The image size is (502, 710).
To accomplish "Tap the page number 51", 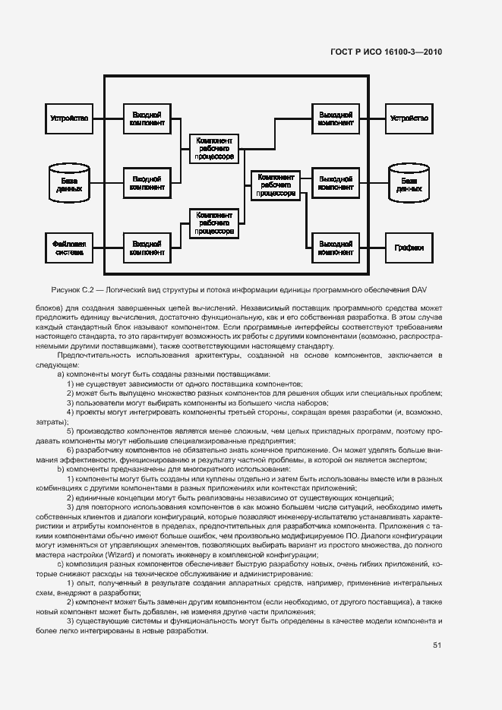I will pyautogui.click(x=437, y=645).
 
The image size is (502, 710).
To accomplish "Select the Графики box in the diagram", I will pyautogui.click(x=409, y=248).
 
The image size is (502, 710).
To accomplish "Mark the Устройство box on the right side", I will pyautogui.click(x=409, y=118).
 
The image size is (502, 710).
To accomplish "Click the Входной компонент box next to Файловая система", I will pyautogui.click(x=147, y=248).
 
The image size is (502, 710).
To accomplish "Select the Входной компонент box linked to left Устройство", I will pyautogui.click(x=147, y=118).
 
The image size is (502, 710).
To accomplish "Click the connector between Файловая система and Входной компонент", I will pyautogui.click(x=107, y=248).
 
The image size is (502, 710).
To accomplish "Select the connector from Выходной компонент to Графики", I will pyautogui.click(x=372, y=248).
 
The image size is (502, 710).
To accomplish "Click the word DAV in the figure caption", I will pyautogui.click(x=421, y=289).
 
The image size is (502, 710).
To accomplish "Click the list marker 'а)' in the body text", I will pyautogui.click(x=62, y=374).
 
